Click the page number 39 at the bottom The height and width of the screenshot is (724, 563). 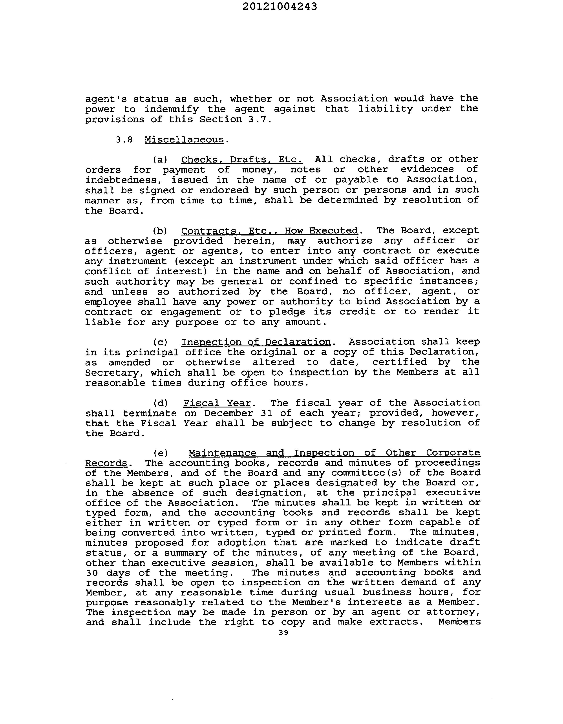pyautogui.click(x=283, y=632)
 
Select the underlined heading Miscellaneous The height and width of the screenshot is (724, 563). pyautogui.click(x=184, y=139)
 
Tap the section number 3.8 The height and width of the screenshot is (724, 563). pyautogui.click(x=124, y=139)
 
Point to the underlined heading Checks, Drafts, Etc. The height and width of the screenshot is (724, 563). pyautogui.click(x=242, y=159)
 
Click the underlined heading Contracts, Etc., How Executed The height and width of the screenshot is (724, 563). pyautogui.click(x=270, y=230)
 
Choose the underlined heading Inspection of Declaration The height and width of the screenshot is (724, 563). pyautogui.click(x=256, y=342)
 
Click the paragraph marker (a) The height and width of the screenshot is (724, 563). pyautogui.click(x=160, y=159)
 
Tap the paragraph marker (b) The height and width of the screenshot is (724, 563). pyautogui.click(x=160, y=230)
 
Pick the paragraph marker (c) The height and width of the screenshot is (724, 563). pyautogui.click(x=160, y=342)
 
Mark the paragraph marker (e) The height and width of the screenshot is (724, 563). pyautogui.click(x=161, y=453)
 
